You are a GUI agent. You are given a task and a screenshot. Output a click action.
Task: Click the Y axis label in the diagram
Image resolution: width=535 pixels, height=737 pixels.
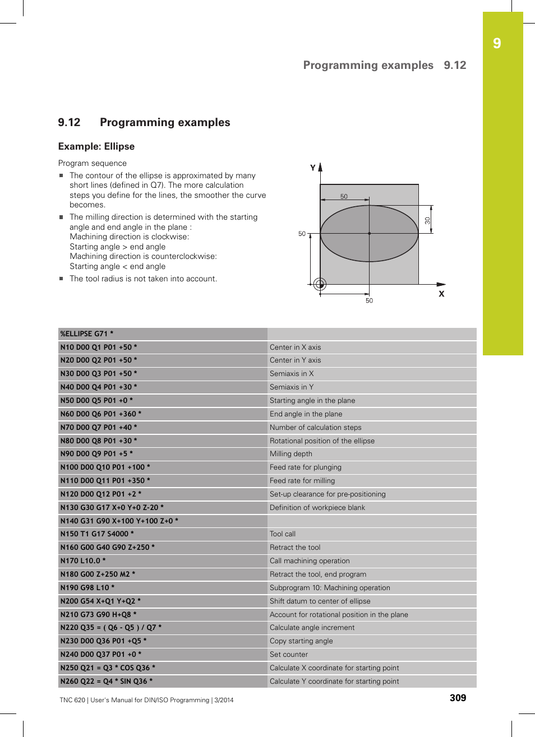coord(313,168)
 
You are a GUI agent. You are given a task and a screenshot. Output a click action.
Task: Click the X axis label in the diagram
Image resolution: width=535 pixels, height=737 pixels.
coord(441,294)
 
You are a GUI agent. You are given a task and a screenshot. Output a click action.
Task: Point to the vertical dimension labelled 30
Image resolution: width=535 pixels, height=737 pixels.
coord(428,221)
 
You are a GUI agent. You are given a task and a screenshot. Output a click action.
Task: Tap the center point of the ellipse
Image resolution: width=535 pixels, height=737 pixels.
coord(369,233)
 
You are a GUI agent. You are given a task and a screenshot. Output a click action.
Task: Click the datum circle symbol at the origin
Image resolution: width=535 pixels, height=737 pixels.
coord(320,284)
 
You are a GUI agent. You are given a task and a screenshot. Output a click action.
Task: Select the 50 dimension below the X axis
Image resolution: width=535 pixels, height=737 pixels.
coord(369,301)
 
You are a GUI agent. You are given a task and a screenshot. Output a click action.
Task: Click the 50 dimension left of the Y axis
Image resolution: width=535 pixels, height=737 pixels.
coord(302,234)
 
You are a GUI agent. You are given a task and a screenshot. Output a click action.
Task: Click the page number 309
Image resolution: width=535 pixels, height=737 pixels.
coord(458,698)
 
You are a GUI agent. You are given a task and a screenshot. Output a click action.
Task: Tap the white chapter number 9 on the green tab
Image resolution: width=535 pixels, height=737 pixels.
coord(497,44)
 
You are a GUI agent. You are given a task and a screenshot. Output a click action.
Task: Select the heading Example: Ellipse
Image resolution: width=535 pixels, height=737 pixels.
coord(96,146)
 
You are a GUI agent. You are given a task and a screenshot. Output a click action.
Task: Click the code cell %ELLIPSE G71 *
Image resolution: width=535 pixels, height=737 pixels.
coord(87,333)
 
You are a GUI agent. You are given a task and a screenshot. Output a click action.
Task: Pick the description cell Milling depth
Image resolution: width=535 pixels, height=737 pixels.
coord(291,454)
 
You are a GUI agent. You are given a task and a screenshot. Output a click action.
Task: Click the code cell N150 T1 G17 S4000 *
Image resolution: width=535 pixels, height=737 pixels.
coord(97,534)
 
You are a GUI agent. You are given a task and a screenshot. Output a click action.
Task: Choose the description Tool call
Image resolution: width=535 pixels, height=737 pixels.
coord(283,534)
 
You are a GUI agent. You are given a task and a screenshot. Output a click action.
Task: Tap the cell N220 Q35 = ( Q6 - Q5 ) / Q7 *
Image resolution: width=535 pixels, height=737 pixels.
coord(111,628)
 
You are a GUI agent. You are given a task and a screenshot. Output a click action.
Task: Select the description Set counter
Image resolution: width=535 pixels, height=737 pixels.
coord(289,655)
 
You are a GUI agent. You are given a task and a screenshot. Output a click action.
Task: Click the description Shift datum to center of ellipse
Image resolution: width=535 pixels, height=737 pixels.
coord(320,601)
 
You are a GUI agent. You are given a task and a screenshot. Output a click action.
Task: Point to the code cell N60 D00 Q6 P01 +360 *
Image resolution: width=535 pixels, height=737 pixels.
coord(101,414)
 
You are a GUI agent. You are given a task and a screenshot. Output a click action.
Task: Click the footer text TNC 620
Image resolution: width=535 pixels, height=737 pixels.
coord(72,700)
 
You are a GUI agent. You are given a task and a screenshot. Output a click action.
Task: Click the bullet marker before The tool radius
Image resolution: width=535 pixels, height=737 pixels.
coord(62,279)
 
